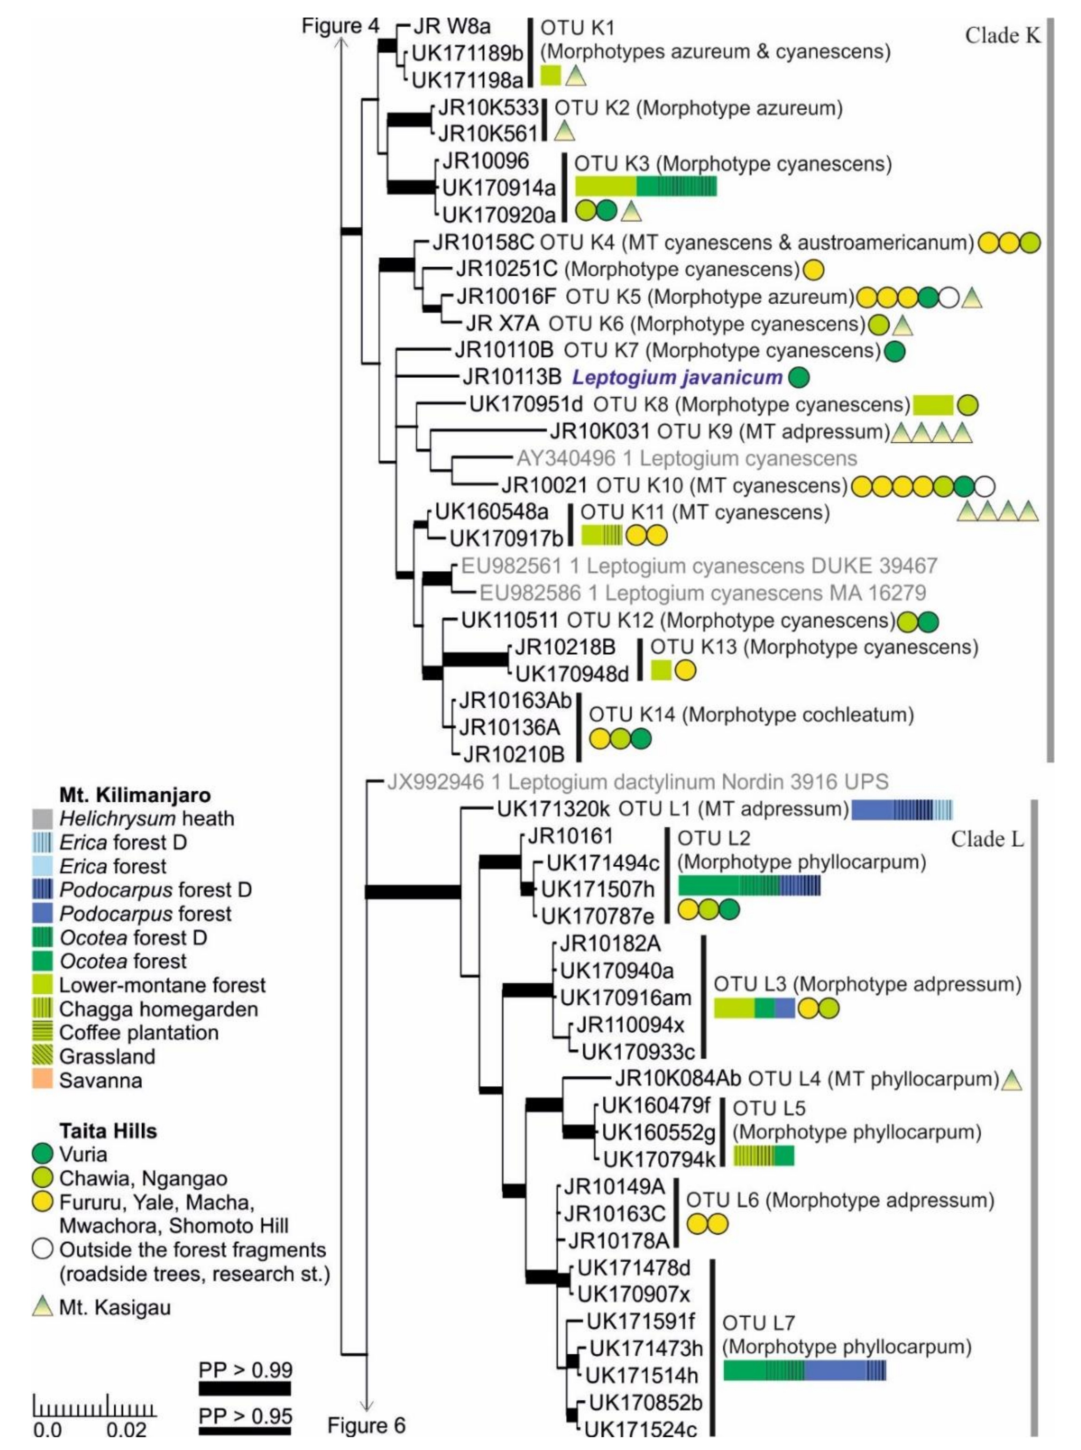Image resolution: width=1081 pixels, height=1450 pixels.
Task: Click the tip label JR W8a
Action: tap(452, 27)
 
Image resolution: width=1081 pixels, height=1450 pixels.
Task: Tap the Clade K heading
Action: tap(1002, 36)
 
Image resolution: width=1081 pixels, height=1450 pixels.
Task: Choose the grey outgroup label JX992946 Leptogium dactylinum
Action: tap(638, 781)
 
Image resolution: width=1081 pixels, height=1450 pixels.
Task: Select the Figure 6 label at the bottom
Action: tap(366, 1425)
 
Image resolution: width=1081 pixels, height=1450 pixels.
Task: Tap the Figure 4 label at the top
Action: tap(340, 26)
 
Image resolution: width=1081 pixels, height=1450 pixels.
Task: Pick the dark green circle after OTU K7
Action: tap(894, 352)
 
